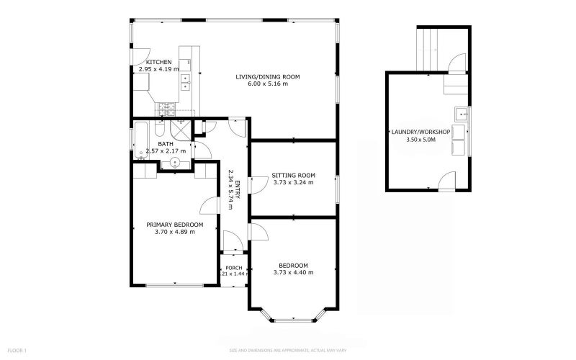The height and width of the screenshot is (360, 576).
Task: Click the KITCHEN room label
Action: pyautogui.click(x=158, y=63)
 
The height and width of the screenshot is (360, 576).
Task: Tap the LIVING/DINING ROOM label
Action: pyautogui.click(x=267, y=76)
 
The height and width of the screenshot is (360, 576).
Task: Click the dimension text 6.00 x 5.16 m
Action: pyautogui.click(x=267, y=84)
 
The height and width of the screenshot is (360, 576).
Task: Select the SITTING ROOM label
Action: pyautogui.click(x=293, y=175)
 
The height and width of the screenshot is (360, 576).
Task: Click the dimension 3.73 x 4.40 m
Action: pyautogui.click(x=294, y=272)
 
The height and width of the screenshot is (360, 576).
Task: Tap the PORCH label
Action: pyautogui.click(x=233, y=268)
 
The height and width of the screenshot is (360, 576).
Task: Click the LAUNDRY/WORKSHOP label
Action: pyautogui.click(x=421, y=132)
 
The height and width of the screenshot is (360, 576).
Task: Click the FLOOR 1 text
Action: pyautogui.click(x=17, y=351)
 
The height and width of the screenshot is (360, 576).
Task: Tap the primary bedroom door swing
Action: pyautogui.click(x=210, y=206)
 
